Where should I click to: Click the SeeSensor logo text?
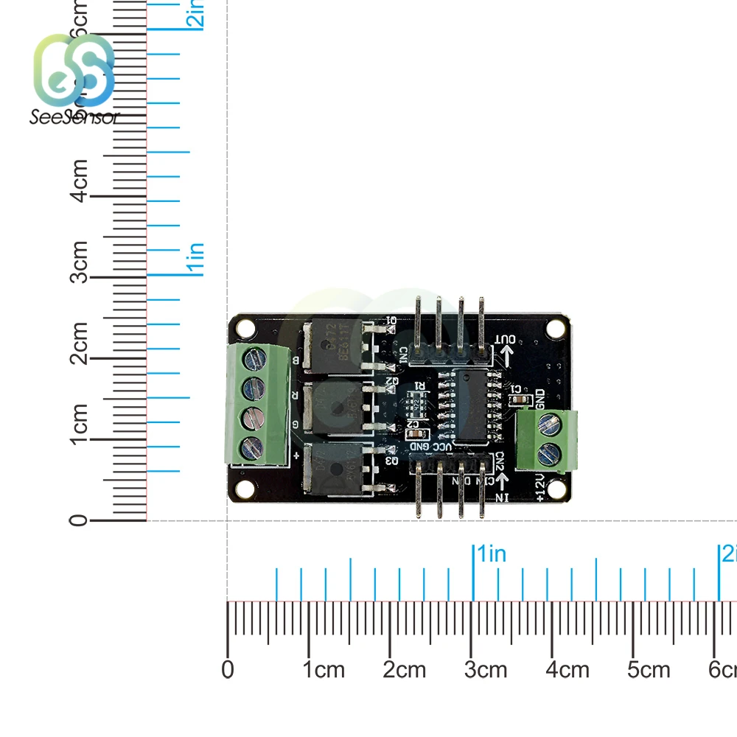74,117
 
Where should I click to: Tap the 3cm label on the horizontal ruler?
486,669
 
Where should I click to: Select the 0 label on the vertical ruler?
79,520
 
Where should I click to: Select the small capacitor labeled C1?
520,399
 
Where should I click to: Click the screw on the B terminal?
252,360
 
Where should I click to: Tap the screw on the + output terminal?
252,444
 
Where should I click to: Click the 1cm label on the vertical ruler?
80,423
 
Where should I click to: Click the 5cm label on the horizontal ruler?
649,669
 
